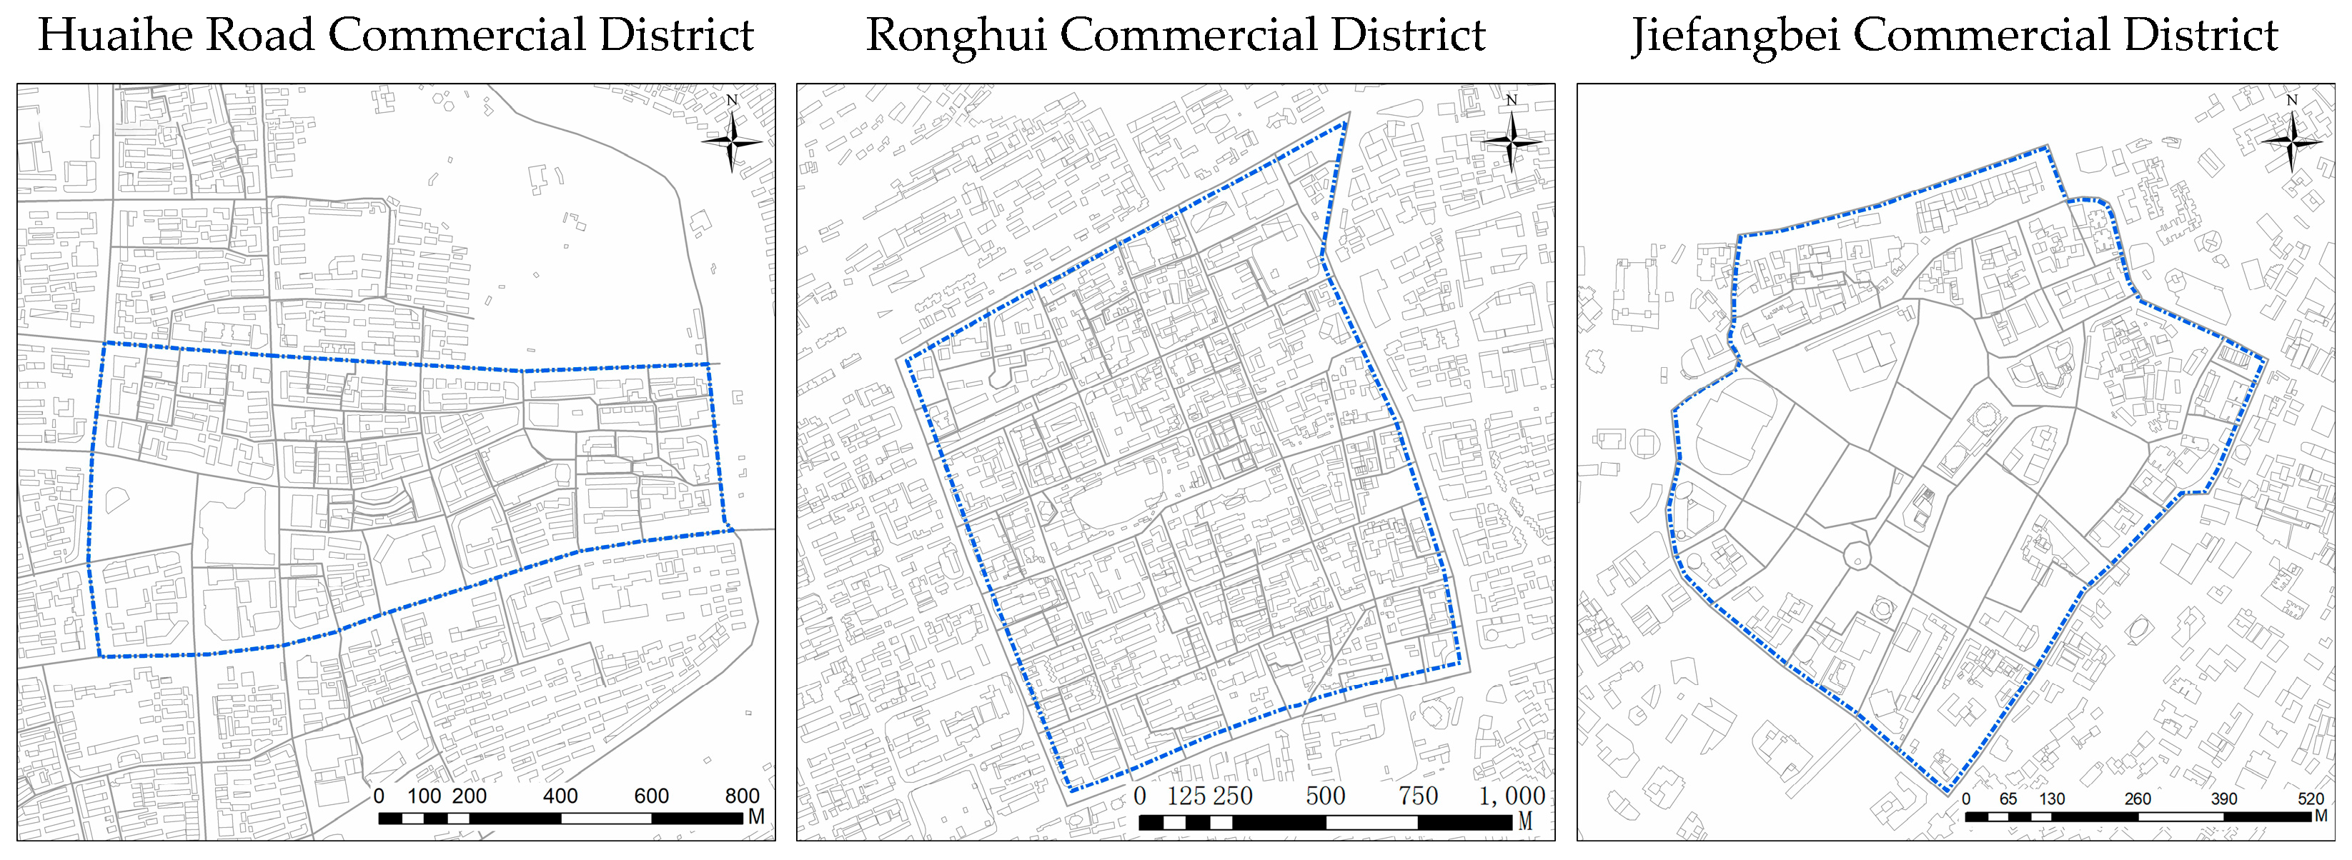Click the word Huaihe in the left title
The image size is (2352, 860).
[x=116, y=36]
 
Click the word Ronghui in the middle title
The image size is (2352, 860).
[x=955, y=36]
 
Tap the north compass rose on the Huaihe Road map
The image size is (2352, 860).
[x=731, y=141]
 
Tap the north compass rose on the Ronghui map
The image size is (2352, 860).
[x=1511, y=141]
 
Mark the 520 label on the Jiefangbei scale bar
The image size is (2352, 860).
[x=2311, y=799]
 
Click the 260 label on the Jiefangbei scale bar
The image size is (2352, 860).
[x=2138, y=799]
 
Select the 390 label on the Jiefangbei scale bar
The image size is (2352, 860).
[x=2224, y=799]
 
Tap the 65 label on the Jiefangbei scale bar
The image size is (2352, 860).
[x=2008, y=799]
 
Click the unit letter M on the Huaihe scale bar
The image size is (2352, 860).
[x=756, y=817]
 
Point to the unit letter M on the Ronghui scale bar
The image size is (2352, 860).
[x=1525, y=821]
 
